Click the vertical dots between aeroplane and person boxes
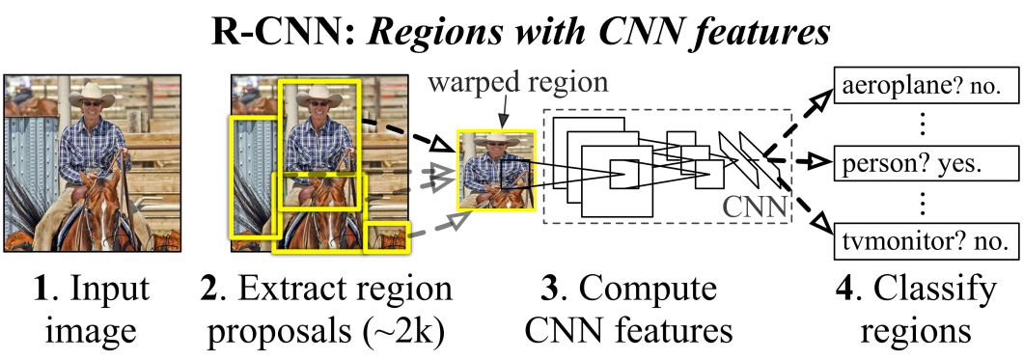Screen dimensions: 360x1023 point(922,125)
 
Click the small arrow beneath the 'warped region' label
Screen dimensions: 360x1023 point(503,116)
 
